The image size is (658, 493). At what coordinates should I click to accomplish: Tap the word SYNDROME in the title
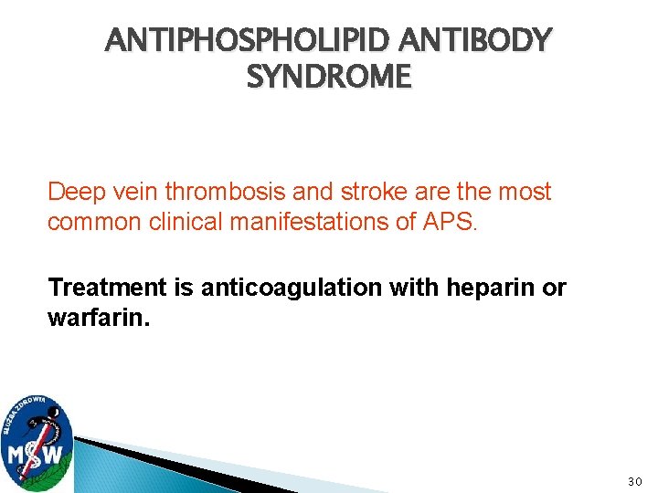(x=329, y=78)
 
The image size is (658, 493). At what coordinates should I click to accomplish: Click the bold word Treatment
(x=98, y=288)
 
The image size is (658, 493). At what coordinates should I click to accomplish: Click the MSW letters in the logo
(x=37, y=453)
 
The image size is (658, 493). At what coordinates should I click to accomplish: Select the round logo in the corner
(x=37, y=441)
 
